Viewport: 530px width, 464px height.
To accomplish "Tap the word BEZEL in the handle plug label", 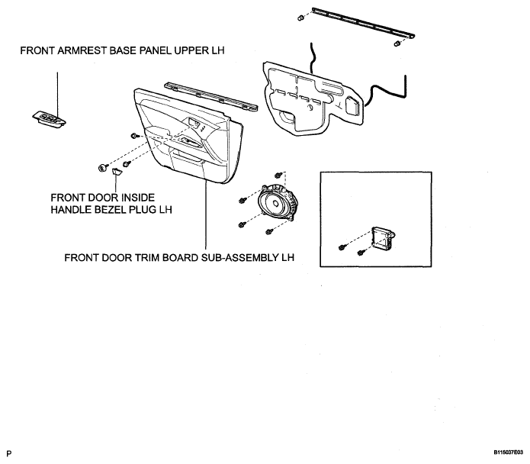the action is [112, 210].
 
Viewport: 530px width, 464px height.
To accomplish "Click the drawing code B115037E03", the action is [508, 452].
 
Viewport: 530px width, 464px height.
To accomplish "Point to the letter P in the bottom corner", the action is [9, 453].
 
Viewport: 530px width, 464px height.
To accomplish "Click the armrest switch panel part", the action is [50, 119].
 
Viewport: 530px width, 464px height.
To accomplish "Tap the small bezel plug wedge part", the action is [117, 172].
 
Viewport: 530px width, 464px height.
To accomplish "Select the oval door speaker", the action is [278, 203].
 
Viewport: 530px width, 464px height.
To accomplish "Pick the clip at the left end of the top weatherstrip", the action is [300, 18].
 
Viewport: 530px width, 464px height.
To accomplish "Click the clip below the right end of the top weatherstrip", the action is [397, 43].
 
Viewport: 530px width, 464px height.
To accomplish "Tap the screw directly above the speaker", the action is [278, 175].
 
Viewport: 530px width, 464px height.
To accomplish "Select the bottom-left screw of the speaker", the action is [241, 224].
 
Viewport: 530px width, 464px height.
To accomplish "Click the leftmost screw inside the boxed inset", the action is [342, 247].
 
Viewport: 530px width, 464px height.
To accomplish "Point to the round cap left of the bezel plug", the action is [101, 167].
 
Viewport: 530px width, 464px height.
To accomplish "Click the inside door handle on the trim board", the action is [194, 123].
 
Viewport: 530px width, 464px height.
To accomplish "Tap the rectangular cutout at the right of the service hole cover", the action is [352, 105].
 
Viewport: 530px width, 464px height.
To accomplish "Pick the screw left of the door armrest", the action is [134, 136].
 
